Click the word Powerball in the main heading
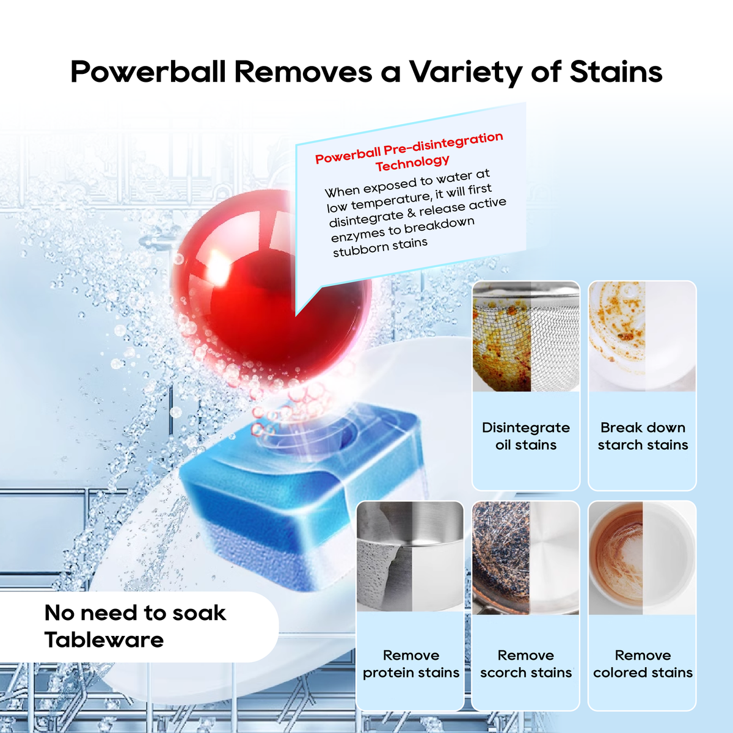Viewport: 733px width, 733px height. coord(148,72)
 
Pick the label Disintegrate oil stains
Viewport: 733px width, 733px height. coord(526,436)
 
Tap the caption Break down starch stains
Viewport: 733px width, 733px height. coord(643,436)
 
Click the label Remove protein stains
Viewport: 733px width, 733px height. coord(411,664)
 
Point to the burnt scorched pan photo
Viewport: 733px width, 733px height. coord(526,557)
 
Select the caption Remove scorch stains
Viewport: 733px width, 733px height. coord(526,664)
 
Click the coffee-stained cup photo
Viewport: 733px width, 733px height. coord(642,557)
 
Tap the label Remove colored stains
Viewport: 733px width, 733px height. coord(643,664)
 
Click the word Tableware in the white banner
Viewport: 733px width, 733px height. coord(104,640)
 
